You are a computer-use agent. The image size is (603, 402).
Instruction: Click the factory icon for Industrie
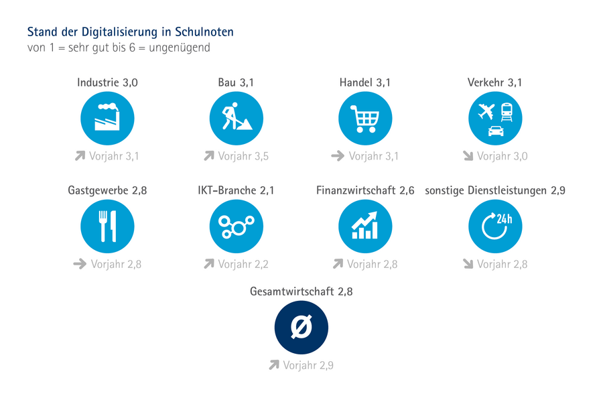[107, 119]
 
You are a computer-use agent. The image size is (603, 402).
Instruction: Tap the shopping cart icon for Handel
[365, 119]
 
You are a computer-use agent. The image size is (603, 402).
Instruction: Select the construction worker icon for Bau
[236, 119]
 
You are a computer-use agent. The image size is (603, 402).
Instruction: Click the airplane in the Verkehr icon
[485, 111]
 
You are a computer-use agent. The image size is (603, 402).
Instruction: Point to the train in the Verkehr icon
[507, 111]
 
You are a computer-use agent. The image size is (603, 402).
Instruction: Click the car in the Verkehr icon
[495, 130]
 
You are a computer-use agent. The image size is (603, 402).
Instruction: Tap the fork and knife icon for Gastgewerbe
[107, 226]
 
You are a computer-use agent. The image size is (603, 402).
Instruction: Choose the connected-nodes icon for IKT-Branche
[236, 226]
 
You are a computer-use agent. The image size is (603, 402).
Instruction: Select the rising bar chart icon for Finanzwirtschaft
[365, 226]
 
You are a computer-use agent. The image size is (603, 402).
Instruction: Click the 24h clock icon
[495, 226]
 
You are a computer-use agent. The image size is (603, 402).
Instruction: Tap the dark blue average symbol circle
[301, 328]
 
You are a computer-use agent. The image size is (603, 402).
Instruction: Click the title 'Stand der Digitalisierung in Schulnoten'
[130, 32]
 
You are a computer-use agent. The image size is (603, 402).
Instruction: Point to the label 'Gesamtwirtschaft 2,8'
[301, 292]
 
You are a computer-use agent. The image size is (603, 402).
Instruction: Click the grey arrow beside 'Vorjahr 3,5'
[209, 156]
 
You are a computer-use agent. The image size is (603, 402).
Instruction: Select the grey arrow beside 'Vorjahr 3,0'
[468, 156]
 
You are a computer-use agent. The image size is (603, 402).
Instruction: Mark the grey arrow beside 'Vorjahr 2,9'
[273, 365]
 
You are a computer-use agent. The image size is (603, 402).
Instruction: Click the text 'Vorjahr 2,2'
[243, 264]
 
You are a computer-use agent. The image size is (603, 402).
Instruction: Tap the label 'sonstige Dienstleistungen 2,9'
[495, 190]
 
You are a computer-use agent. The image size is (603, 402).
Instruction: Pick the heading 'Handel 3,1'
[365, 83]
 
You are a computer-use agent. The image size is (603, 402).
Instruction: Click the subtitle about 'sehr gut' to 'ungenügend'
[119, 48]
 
